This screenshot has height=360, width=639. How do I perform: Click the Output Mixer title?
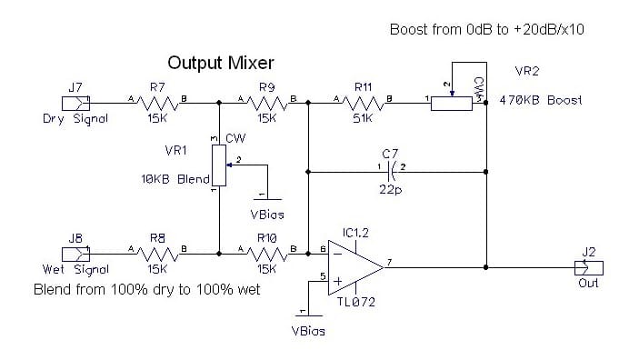tap(221, 63)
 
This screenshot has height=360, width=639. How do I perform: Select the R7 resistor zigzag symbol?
tap(157, 103)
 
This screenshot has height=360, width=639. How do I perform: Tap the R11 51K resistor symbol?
tap(363, 103)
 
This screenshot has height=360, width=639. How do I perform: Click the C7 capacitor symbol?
tap(391, 172)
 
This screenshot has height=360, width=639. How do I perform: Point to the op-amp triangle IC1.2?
tap(355, 267)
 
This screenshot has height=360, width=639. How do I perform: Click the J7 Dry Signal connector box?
tap(75, 103)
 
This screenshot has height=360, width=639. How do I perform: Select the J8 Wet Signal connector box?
tap(75, 254)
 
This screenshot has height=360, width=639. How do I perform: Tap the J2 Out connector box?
tap(589, 268)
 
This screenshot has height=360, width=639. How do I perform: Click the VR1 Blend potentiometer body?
tap(219, 165)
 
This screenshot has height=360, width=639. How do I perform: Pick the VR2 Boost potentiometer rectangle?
tap(452, 104)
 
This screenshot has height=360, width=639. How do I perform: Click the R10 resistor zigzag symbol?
tap(267, 254)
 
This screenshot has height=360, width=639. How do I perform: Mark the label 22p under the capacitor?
tap(391, 190)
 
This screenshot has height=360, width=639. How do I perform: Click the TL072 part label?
tap(355, 302)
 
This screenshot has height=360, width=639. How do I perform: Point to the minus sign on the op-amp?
tap(337, 254)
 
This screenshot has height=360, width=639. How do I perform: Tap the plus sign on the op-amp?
tap(338, 281)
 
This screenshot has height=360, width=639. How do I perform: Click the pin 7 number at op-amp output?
tap(390, 262)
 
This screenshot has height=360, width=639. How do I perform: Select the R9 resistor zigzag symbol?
tap(267, 103)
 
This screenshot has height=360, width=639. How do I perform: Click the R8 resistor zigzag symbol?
tap(157, 254)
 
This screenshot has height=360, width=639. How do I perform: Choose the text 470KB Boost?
tap(541, 100)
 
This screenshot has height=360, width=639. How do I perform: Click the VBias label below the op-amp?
tap(308, 331)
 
